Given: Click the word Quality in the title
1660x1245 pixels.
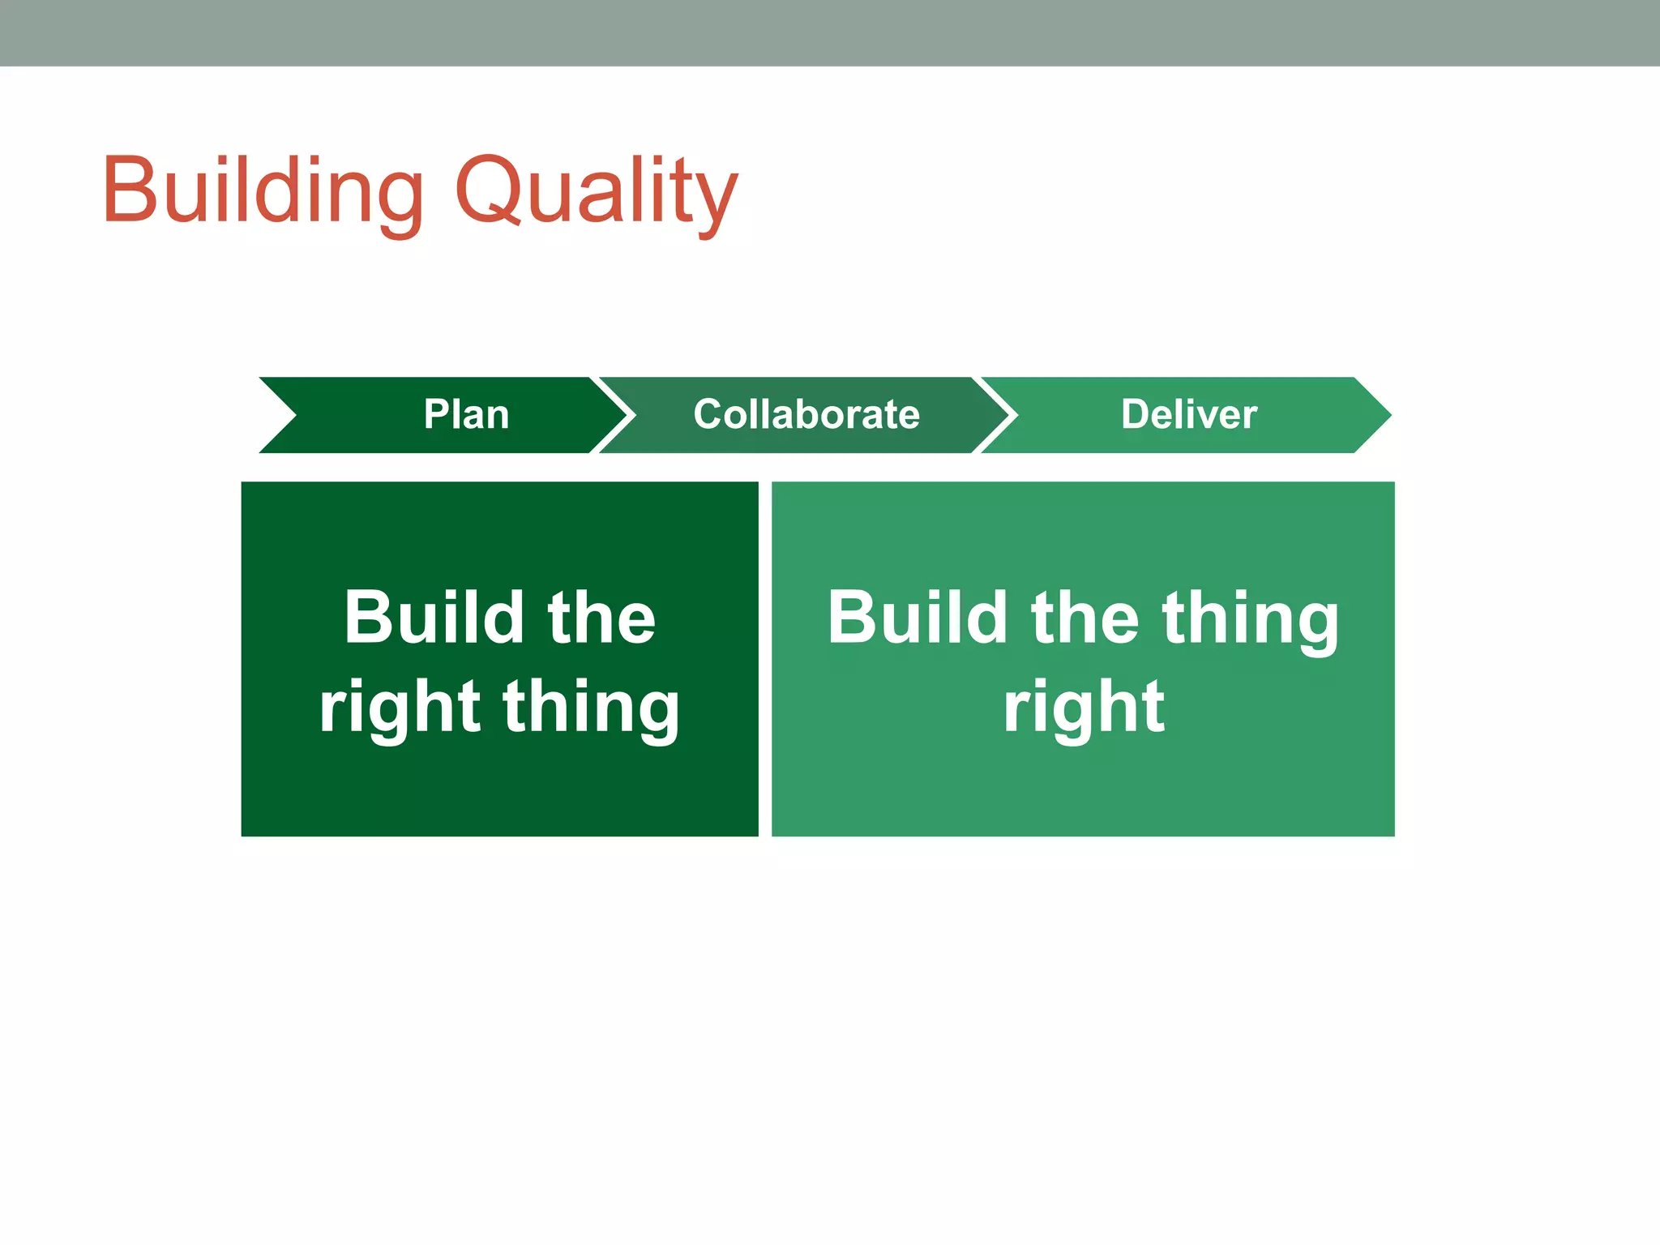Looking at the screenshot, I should [596, 190].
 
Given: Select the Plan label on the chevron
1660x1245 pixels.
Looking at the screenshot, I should [466, 414].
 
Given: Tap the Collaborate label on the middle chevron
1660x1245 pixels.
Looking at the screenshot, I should [806, 414].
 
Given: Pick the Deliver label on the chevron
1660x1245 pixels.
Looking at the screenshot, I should [1189, 414].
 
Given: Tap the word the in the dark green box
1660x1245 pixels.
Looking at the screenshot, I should [601, 618].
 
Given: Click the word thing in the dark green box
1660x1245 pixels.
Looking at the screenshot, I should [591, 707].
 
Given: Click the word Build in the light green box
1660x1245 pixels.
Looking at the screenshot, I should [917, 618].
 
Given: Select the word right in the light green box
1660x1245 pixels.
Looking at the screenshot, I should [1084, 707].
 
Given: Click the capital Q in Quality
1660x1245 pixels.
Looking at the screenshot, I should [486, 190].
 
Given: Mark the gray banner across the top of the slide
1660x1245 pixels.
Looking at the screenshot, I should [830, 32].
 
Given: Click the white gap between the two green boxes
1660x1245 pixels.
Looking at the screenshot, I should [765, 658].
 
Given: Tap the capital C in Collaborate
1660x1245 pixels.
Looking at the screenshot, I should [708, 414].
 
